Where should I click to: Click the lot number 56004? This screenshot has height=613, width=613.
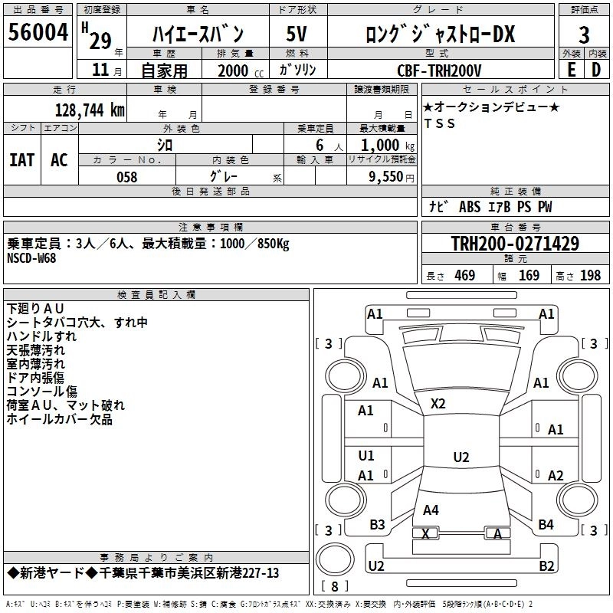click(x=38, y=33)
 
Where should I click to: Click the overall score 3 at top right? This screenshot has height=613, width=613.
click(x=584, y=34)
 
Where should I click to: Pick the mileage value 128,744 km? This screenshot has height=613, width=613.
click(x=90, y=110)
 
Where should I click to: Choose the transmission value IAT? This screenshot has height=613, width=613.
click(x=22, y=159)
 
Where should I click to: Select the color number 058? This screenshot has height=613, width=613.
click(x=126, y=176)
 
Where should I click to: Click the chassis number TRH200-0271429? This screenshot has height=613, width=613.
click(x=515, y=244)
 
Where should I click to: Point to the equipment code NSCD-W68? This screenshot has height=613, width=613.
click(x=31, y=257)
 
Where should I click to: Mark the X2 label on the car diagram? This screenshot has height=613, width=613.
click(x=438, y=404)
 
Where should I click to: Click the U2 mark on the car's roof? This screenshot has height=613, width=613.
click(x=461, y=457)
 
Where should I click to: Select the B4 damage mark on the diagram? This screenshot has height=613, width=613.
click(x=546, y=524)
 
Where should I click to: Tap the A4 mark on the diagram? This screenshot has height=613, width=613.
click(x=431, y=510)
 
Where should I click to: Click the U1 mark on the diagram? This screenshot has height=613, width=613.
click(x=366, y=455)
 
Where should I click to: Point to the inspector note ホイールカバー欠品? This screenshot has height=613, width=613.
click(x=59, y=419)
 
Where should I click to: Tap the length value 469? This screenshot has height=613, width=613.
click(x=464, y=275)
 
